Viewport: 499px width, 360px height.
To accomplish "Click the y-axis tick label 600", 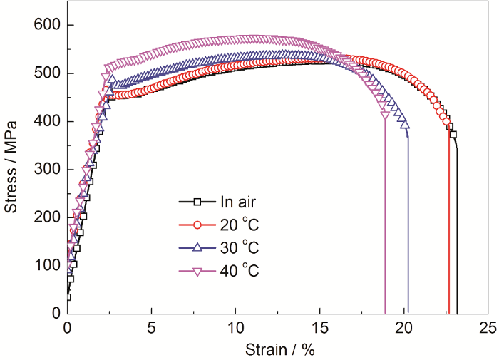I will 46,26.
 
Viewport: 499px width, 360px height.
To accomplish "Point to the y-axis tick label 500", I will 46,73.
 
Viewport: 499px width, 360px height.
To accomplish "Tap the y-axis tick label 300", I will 46,170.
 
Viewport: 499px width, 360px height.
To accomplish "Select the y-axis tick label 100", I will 46,265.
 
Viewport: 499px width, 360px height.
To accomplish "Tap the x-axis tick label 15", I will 320,329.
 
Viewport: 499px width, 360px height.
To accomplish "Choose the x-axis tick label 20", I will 404,329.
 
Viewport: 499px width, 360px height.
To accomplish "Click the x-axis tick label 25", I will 488,329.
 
